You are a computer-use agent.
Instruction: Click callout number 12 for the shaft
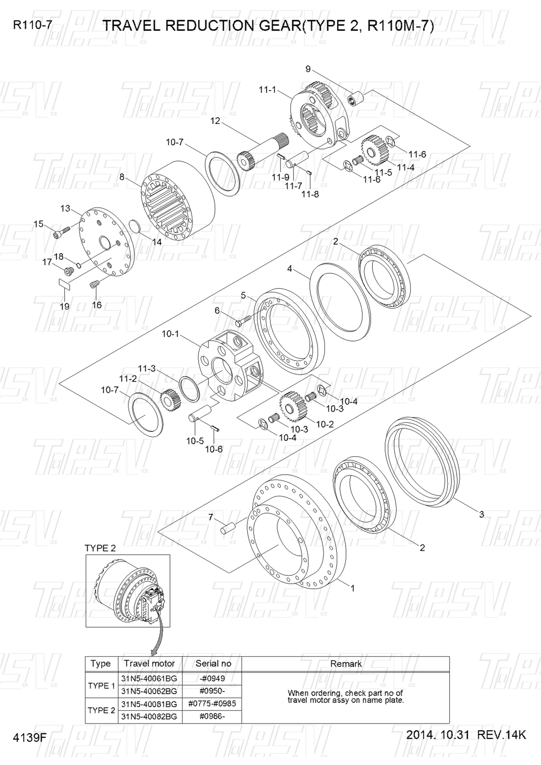tap(215, 121)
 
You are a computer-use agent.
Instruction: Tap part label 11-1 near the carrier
tap(267, 90)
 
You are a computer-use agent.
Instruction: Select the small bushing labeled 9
tap(357, 97)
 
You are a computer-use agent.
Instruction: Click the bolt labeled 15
tap(61, 232)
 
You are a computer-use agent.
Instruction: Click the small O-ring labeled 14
tap(135, 227)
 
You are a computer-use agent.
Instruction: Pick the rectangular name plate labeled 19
tap(64, 284)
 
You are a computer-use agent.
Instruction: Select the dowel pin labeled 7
tap(228, 527)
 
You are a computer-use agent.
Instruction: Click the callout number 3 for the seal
tap(481, 515)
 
